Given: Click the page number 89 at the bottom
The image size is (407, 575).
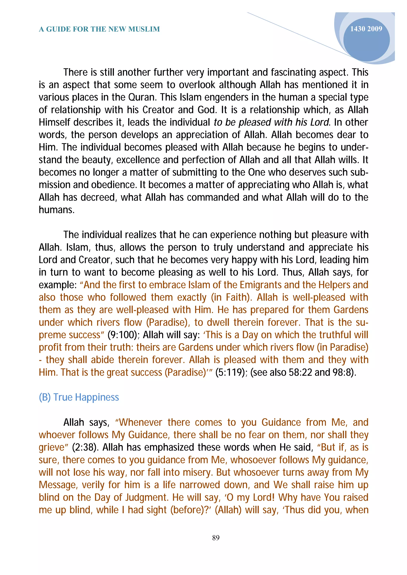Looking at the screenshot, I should pyautogui.click(x=216, y=538).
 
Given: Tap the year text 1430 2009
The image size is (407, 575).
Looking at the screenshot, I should pyautogui.click(x=366, y=29).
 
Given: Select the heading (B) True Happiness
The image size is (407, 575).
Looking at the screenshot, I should pyautogui.click(x=79, y=397).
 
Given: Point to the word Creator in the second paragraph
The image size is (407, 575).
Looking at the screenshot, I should pyautogui.click(x=95, y=260).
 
